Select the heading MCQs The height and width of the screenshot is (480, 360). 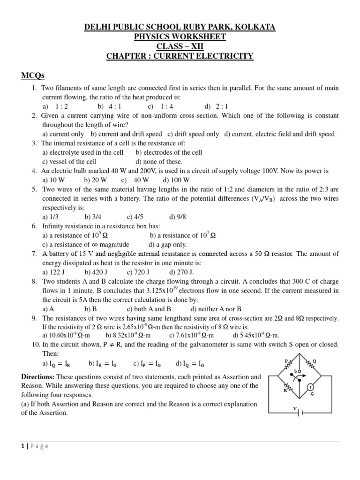tap(33, 76)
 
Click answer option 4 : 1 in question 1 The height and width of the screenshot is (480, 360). tap(115, 106)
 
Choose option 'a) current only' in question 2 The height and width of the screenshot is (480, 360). tap(63, 134)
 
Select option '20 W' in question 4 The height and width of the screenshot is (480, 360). tap(99, 180)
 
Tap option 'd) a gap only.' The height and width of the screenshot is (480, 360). tap(167, 244)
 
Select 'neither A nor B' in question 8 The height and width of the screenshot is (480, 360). tap(220, 309)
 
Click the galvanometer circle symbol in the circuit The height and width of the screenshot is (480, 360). tap(310, 387)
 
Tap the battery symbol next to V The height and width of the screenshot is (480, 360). tap(302, 412)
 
